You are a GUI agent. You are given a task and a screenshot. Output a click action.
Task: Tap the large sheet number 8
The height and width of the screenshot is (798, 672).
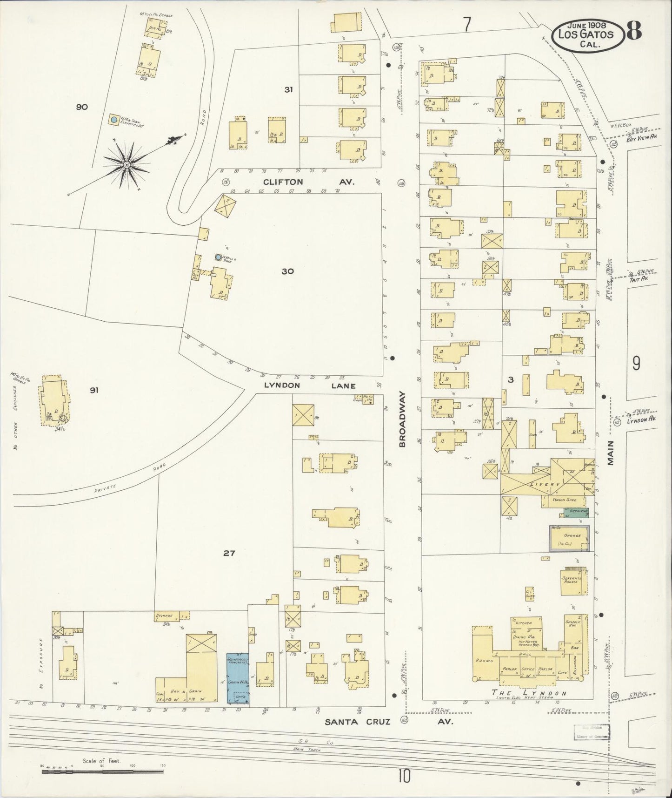click(634, 31)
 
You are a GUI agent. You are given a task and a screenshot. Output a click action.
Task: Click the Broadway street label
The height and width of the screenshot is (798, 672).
click(403, 419)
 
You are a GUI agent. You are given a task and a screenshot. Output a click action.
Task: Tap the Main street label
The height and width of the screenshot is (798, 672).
click(611, 453)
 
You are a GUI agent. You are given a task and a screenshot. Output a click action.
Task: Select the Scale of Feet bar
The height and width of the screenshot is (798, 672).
click(102, 772)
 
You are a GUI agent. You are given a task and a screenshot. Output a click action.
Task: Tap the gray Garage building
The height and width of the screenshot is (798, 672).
click(569, 539)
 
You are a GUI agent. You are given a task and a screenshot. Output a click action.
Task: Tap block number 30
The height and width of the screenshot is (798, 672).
click(287, 271)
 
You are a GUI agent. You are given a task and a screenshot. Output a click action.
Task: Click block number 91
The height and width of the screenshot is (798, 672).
click(94, 390)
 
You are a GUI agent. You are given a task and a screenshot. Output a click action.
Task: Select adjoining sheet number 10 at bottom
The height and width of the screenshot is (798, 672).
click(404, 776)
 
